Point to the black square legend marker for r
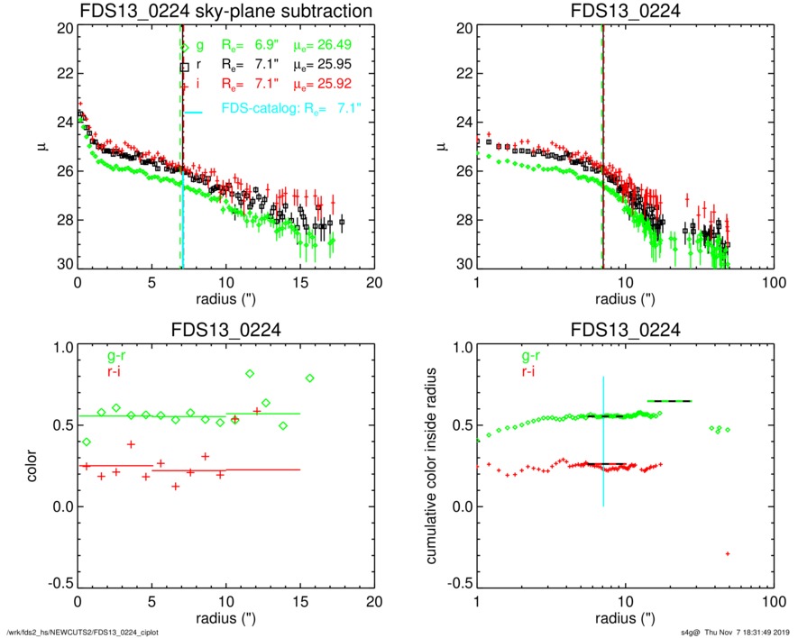pyautogui.click(x=185, y=66)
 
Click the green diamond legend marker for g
pyautogui.click(x=185, y=45)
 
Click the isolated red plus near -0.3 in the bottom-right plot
pyautogui.click(x=728, y=553)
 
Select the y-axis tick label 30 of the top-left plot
pyautogui.click(x=64, y=265)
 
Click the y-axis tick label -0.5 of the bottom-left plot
pyautogui.click(x=59, y=583)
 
